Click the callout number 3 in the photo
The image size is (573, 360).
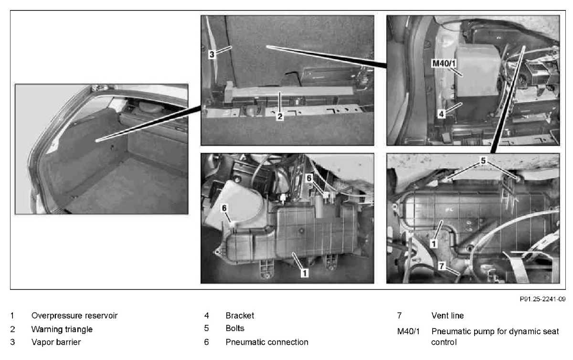[x=212, y=54]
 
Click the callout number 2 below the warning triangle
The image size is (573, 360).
[x=280, y=116]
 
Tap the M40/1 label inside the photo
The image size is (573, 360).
[x=444, y=63]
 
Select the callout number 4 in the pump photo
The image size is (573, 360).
[x=441, y=114]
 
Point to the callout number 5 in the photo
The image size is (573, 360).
[x=483, y=160]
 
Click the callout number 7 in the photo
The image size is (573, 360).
[x=441, y=266]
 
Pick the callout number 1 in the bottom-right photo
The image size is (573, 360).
[x=434, y=244]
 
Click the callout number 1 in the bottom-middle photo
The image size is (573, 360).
[x=305, y=273]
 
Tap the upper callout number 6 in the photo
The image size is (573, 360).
[x=309, y=178]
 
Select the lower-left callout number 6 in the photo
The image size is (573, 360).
[x=224, y=208]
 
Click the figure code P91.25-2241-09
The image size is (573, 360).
[x=542, y=299]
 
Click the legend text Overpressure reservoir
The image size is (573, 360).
[x=74, y=316]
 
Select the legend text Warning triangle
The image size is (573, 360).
[x=62, y=329]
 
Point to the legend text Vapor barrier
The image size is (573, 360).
[x=56, y=342]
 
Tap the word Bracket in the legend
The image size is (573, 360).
[x=240, y=316]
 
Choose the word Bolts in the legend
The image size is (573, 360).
[x=235, y=328]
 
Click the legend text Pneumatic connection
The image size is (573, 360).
[x=267, y=342]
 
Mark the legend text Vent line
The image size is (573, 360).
[x=447, y=316]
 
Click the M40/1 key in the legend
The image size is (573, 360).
[x=408, y=331]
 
